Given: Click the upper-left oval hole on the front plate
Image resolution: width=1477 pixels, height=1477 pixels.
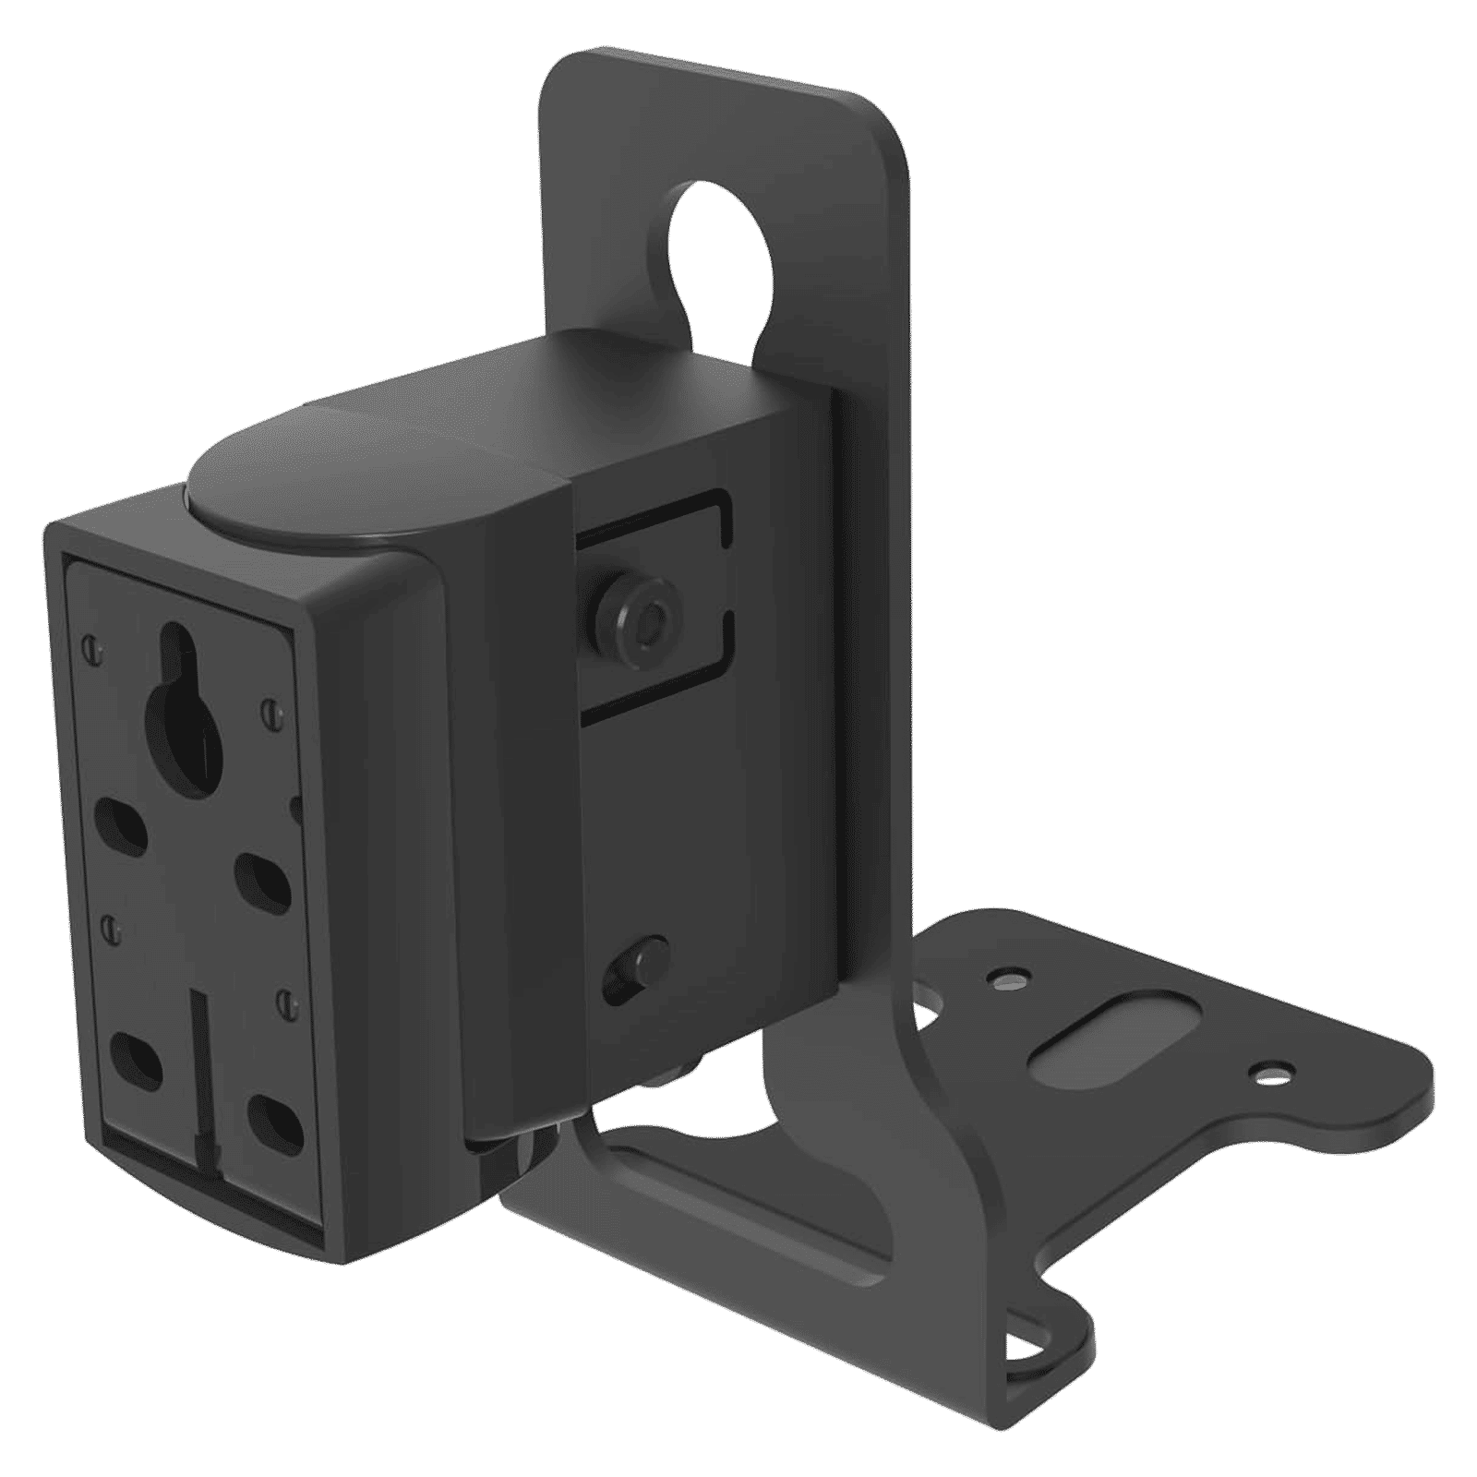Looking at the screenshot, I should pyautogui.click(x=126, y=822).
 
